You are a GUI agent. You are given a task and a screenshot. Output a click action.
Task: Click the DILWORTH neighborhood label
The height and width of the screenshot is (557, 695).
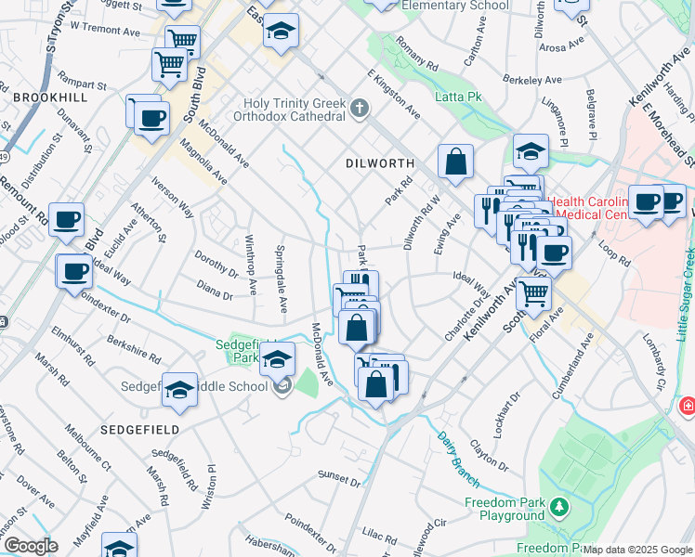pos(379,162)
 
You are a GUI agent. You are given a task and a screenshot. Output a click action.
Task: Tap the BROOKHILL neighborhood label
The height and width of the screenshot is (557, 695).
pos(50,97)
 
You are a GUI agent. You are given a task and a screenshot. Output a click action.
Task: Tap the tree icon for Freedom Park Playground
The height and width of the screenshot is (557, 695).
pos(558,507)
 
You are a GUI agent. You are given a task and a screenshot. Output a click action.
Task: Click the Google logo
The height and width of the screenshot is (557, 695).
pos(30,546)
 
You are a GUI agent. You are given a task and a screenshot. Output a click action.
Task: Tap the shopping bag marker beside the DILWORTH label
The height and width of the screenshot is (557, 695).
pos(456,162)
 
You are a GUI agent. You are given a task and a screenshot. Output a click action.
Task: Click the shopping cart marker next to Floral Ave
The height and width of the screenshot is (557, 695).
pos(533,293)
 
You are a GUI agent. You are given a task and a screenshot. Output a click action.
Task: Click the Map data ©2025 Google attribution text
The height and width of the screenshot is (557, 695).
pos(638,550)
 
